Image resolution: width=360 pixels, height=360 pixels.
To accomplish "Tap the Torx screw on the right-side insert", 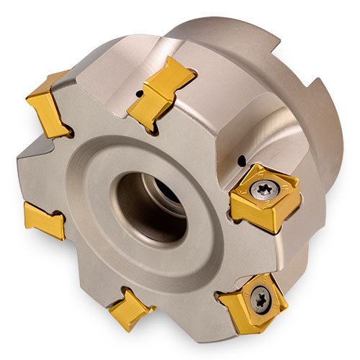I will click(261, 189).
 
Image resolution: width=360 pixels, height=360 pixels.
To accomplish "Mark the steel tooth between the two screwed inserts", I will click(248, 248).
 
